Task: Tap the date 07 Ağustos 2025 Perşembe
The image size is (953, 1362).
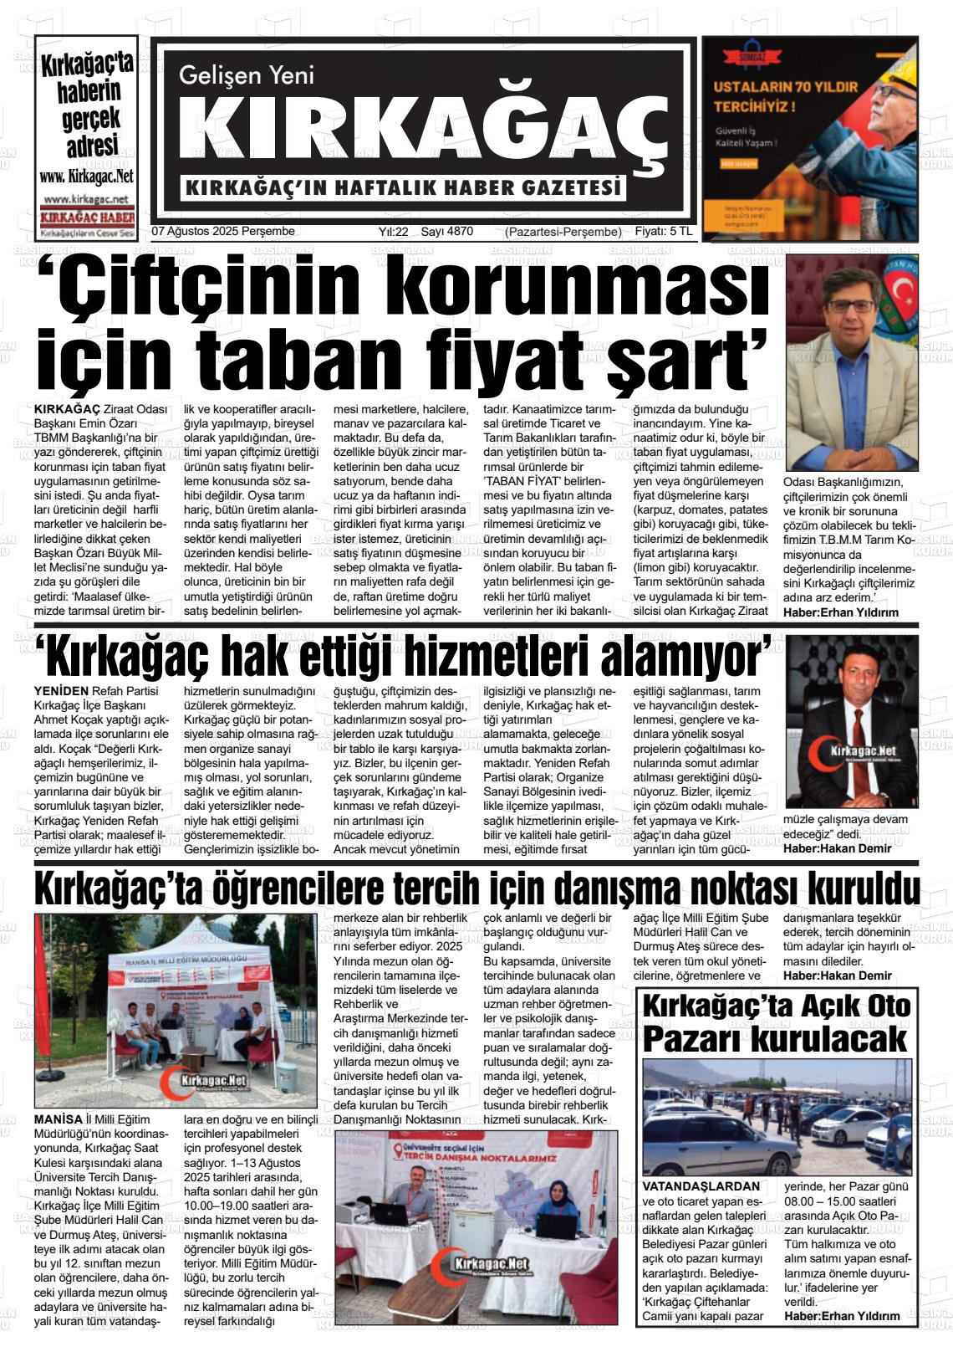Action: (x=224, y=232)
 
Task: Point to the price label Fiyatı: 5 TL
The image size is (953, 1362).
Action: (x=664, y=232)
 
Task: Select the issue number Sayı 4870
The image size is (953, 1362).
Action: (x=446, y=232)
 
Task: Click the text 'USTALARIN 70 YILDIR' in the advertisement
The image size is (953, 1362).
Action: (x=785, y=87)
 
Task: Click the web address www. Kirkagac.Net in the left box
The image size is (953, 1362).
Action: (x=86, y=177)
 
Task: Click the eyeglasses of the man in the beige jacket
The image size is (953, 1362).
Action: (x=853, y=305)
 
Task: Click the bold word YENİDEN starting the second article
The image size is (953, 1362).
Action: (x=61, y=691)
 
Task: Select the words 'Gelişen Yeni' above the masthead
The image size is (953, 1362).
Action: (x=247, y=76)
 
